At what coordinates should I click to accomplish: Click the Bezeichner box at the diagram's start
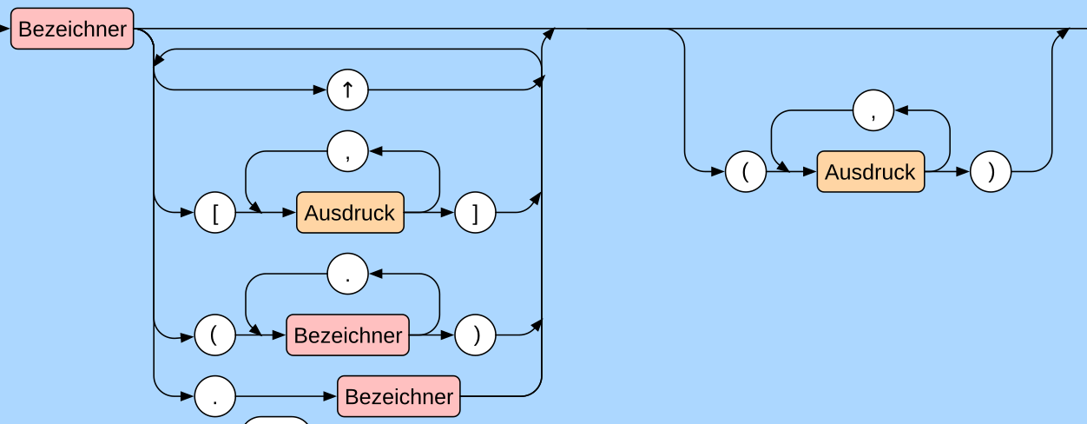pos(72,29)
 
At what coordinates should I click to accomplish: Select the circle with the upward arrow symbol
pos(347,89)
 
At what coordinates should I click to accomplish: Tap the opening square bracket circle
pos(214,212)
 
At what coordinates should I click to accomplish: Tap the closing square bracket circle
pos(475,212)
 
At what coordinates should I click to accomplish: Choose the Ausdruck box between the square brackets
pos(350,212)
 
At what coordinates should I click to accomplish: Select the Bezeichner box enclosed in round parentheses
pos(347,335)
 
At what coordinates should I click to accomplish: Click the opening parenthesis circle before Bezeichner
pos(214,335)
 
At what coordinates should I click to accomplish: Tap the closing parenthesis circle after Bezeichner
pos(475,335)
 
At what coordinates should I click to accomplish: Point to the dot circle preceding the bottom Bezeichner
pos(214,396)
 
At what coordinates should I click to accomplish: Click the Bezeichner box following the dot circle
pos(399,396)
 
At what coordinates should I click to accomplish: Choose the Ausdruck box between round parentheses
pos(870,171)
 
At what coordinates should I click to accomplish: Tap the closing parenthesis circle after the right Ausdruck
pos(991,171)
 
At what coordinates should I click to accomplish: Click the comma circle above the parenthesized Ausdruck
pos(873,110)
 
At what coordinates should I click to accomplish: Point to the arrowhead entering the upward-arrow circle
pos(320,89)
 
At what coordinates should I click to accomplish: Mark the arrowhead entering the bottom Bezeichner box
pos(331,396)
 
